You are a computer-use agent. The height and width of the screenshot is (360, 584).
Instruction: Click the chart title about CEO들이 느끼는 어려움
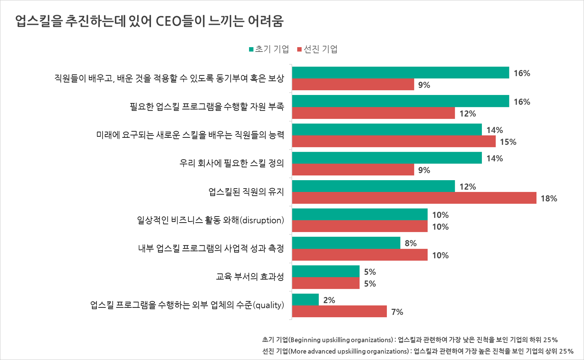click(149, 21)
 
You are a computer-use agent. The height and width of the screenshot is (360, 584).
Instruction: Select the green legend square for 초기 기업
click(251, 50)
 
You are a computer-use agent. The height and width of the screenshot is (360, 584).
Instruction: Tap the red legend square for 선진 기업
click(299, 50)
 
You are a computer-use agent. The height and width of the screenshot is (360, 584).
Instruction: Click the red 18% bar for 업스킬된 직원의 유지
click(414, 198)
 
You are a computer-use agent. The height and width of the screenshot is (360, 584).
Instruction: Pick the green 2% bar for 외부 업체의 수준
click(305, 300)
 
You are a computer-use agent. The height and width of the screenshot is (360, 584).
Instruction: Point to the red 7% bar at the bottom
click(339, 311)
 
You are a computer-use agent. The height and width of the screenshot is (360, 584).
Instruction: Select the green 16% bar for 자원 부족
click(400, 101)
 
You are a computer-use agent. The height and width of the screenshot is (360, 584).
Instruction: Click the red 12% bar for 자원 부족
click(373, 113)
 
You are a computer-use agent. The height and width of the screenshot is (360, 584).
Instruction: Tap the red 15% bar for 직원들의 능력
click(394, 141)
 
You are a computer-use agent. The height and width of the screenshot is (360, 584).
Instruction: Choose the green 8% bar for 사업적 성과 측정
click(346, 243)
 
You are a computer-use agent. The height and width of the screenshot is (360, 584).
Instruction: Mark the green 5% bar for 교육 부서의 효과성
click(326, 271)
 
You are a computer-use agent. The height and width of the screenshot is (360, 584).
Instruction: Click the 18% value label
click(549, 198)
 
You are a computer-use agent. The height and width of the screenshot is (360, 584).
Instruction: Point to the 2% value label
click(329, 300)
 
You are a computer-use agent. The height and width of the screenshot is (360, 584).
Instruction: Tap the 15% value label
click(508, 142)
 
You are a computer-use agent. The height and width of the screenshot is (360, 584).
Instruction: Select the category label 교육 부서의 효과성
click(250, 277)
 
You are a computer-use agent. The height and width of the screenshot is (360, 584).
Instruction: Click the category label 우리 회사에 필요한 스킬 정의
click(231, 164)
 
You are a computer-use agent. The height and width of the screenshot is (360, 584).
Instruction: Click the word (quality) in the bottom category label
click(269, 305)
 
